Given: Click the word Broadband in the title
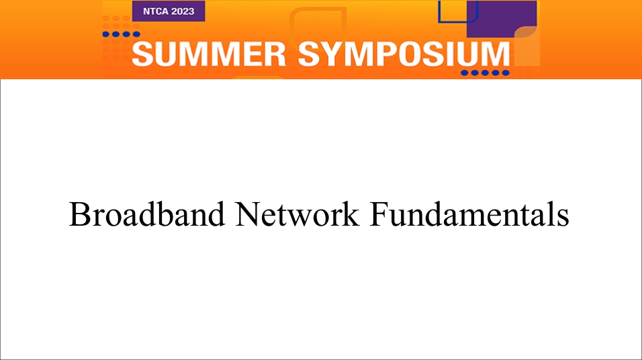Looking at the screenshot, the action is (147, 214).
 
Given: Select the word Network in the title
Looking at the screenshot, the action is (297, 214).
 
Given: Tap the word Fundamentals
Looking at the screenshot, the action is (469, 214).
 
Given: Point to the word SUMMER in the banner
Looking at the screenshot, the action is (209, 54).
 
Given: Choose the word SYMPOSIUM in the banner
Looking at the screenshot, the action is (404, 54).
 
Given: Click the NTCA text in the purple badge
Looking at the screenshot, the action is (154, 11).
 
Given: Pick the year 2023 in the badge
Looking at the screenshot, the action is (183, 11).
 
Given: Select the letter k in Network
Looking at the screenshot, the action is (351, 214).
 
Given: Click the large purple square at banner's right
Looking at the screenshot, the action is (502, 18).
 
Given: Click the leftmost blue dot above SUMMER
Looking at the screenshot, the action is (106, 34).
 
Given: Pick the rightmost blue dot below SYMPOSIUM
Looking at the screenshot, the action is (506, 73).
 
